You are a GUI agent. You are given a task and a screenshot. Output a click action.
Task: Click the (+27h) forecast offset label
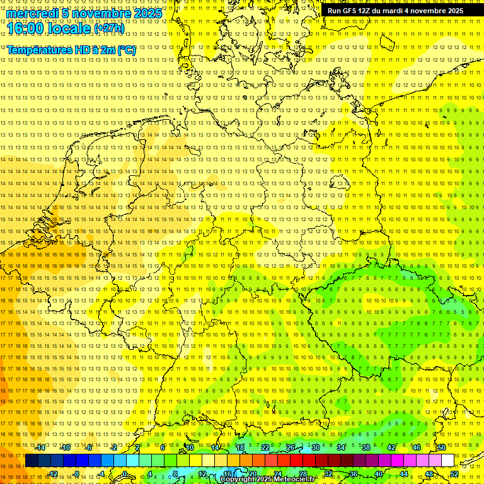(108, 28)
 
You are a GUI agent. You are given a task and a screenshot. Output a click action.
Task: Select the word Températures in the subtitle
(39, 50)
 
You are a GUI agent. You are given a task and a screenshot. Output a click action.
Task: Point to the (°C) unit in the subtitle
(125, 50)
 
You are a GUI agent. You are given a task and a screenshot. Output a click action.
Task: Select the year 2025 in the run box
(454, 11)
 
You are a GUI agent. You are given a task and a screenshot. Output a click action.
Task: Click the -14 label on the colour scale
(40, 447)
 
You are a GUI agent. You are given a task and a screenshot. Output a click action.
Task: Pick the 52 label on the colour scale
(454, 474)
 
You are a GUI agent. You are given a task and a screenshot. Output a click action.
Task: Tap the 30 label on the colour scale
(315, 447)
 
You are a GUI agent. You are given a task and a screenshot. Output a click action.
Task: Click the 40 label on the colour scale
(379, 474)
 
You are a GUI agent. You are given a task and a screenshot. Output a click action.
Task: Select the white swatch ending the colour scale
(448, 461)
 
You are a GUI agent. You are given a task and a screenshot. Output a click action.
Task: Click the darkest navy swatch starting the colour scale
(32, 461)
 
